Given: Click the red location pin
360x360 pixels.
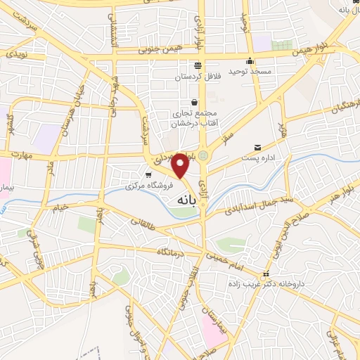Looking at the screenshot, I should (x=181, y=165).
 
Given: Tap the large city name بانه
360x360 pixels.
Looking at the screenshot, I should (x=181, y=200).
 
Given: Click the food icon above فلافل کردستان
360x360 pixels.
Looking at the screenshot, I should (x=197, y=65).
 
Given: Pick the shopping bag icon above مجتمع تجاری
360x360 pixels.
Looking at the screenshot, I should (x=194, y=103).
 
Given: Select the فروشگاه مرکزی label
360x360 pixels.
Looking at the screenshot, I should (x=129, y=186).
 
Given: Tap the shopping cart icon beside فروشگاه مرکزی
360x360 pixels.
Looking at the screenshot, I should (x=150, y=175).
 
